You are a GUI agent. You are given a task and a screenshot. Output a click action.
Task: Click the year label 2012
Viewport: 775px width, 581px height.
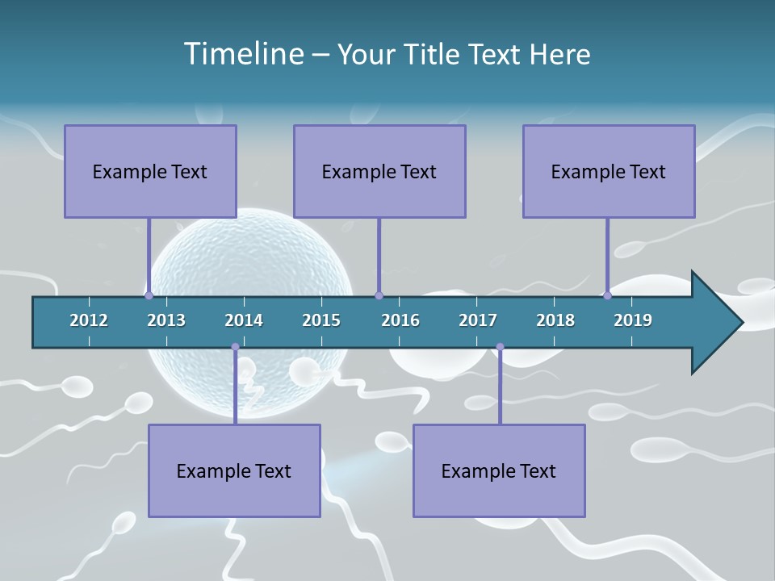pyautogui.click(x=89, y=320)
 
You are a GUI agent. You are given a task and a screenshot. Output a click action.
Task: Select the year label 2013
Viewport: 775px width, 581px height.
pyautogui.click(x=166, y=320)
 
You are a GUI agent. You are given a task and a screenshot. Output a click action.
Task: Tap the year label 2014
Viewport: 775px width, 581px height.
pyautogui.click(x=244, y=320)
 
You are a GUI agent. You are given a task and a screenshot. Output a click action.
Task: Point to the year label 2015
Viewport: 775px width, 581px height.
pyautogui.click(x=321, y=320)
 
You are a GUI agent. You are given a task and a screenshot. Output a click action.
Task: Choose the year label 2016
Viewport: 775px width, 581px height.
pyautogui.click(x=400, y=320)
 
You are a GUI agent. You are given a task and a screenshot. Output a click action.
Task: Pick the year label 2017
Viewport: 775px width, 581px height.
pyautogui.click(x=478, y=320)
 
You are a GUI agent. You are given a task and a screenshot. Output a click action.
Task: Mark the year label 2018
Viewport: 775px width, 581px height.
pyautogui.click(x=555, y=320)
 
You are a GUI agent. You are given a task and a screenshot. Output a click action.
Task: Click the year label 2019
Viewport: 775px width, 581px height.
pyautogui.click(x=633, y=320)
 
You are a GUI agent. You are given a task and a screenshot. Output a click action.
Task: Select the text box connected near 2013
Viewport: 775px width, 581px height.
pyautogui.click(x=150, y=171)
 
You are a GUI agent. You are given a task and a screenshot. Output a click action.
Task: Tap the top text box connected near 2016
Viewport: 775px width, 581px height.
pyautogui.click(x=379, y=171)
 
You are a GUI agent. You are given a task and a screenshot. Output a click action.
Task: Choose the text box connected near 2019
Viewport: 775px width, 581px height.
pyautogui.click(x=609, y=171)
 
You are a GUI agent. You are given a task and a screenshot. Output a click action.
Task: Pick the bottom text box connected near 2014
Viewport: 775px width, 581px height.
pyautogui.click(x=234, y=470)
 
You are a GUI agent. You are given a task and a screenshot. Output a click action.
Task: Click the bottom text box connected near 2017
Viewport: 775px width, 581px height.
pyautogui.click(x=499, y=470)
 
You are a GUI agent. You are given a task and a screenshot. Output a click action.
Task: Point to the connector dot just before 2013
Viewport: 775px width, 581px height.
pyautogui.click(x=149, y=296)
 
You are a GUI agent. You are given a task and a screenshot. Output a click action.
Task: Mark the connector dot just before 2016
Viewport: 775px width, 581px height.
pyautogui.click(x=379, y=296)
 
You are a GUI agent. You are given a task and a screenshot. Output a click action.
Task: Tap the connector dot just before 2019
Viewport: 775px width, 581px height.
pyautogui.click(x=607, y=296)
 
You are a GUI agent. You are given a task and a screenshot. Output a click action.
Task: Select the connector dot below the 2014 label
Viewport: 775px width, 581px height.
pyautogui.click(x=235, y=347)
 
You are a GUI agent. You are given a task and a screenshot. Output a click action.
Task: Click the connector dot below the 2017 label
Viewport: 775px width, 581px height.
pyautogui.click(x=500, y=347)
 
